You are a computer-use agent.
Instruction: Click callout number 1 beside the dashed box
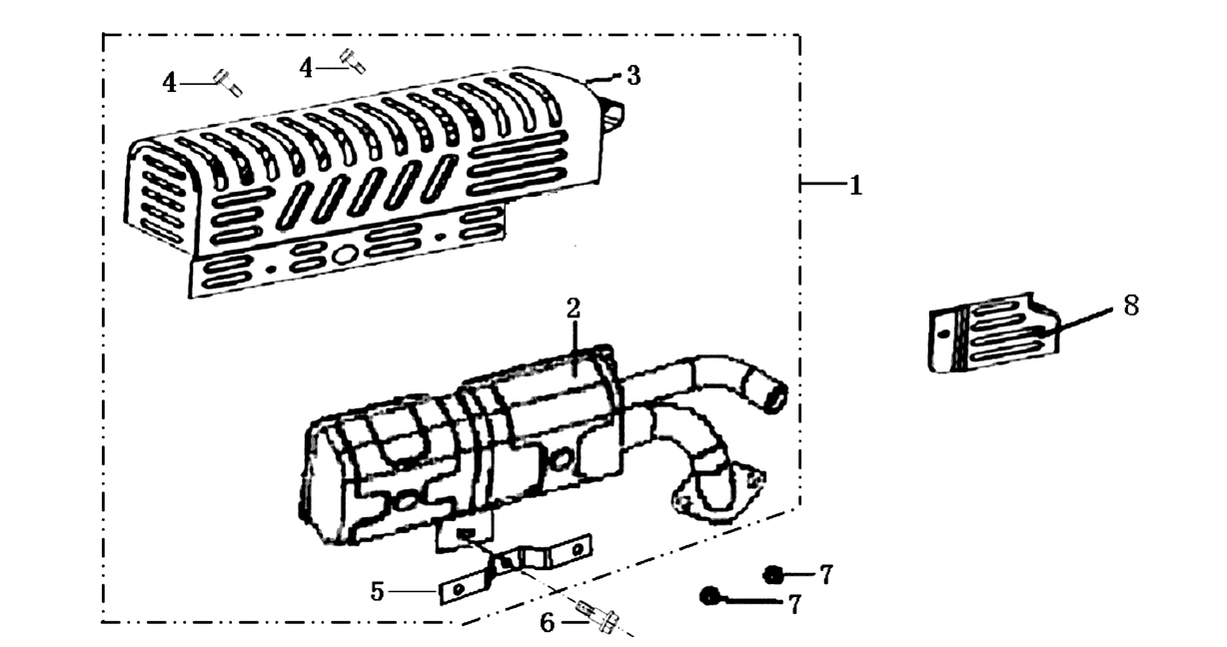(855, 186)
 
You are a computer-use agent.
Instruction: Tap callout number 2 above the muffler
(573, 309)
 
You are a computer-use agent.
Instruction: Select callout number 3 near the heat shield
(633, 76)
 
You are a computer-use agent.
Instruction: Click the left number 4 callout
(169, 83)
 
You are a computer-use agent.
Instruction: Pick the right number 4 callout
(306, 68)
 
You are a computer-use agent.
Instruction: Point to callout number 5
(377, 591)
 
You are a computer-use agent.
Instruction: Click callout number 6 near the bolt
(548, 623)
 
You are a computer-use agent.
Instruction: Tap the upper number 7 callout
(826, 575)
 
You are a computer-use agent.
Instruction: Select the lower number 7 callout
(794, 604)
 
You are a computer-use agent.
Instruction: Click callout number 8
(1131, 306)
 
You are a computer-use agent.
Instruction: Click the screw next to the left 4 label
(228, 83)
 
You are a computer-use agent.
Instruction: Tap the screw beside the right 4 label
(354, 61)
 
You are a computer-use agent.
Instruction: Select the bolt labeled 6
(599, 617)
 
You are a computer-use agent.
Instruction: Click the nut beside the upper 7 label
(772, 575)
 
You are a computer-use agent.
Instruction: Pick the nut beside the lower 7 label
(709, 595)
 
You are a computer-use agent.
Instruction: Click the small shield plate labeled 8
(993, 332)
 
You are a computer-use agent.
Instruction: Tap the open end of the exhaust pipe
(775, 397)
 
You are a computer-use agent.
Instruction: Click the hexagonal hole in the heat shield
(346, 254)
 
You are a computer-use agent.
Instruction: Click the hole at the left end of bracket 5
(459, 589)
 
